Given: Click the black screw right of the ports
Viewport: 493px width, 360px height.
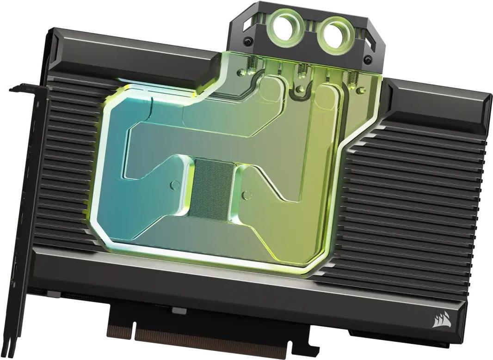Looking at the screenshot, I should tap(368, 59).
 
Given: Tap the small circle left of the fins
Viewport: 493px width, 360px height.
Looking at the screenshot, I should tap(175, 185).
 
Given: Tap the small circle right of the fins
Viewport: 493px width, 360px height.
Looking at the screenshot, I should tap(246, 191).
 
